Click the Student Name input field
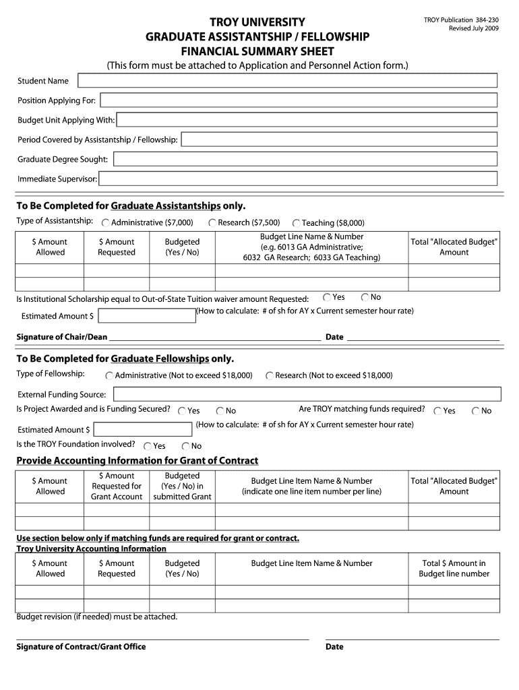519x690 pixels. (287, 81)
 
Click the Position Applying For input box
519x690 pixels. (299, 100)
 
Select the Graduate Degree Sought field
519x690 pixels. (305, 160)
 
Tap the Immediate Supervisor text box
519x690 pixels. (299, 179)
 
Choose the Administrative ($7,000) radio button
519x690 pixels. (106, 223)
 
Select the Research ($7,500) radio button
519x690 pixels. (212, 223)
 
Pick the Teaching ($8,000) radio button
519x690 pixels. (296, 223)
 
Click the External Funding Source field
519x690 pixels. (307, 395)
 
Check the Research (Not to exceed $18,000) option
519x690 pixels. (270, 376)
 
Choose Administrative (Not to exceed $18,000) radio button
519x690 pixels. (109, 376)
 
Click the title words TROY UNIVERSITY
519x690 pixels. (257, 22)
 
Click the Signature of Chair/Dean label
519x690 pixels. (61, 337)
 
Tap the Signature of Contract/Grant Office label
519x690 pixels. (81, 647)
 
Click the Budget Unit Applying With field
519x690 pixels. (307, 121)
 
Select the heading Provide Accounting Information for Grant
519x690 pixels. (137, 461)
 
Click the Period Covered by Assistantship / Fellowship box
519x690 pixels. (340, 140)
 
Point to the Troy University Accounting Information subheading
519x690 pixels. (91, 548)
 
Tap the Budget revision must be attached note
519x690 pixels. (96, 617)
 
